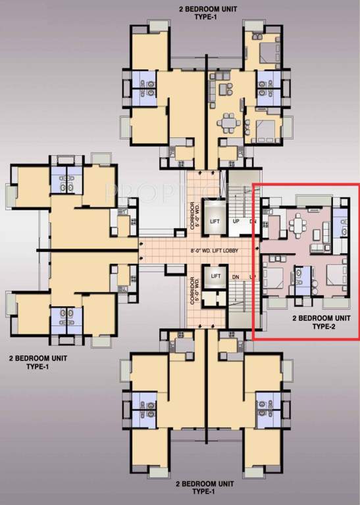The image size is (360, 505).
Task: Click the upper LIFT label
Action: [214, 222]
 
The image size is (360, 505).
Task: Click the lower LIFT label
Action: [214, 277]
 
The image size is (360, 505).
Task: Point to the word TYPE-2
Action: [322, 325]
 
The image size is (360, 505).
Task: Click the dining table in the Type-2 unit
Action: [298, 225]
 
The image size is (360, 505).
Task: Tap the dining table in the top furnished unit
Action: [229, 123]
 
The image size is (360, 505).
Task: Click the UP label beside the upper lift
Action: [236, 222]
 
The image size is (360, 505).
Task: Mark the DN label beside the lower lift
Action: [236, 277]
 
